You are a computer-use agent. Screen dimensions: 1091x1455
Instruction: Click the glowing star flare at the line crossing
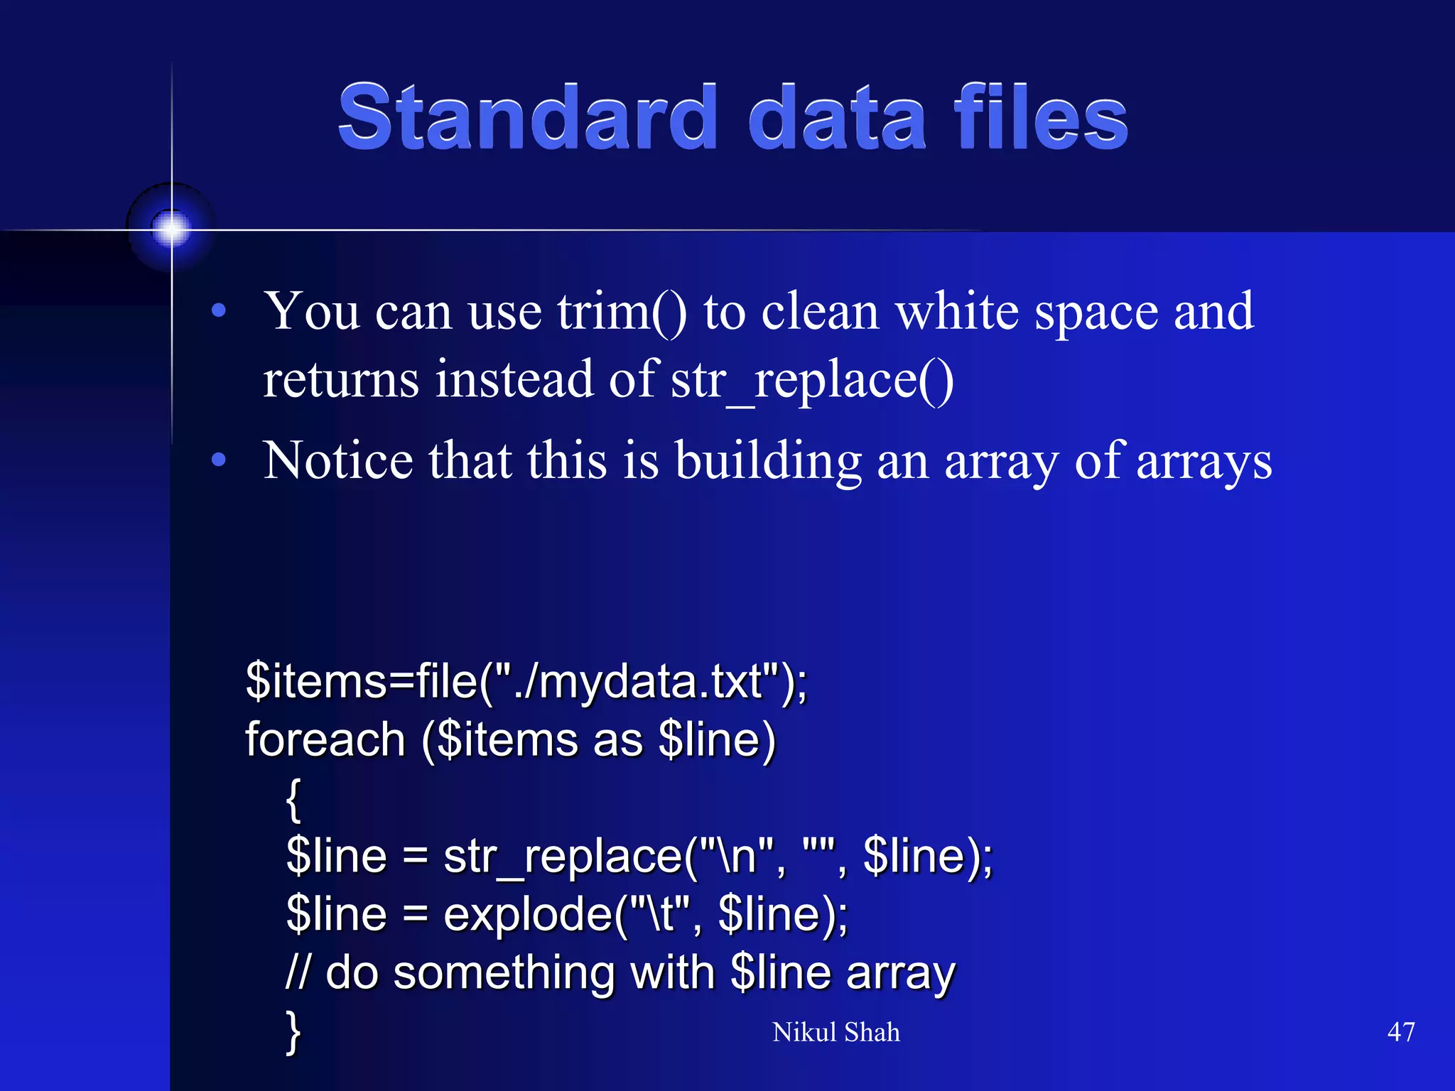click(x=171, y=229)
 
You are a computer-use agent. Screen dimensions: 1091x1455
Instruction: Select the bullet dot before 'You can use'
click(x=219, y=310)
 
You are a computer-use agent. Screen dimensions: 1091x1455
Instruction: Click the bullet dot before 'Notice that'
click(x=219, y=460)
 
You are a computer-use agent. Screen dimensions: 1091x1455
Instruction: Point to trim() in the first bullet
click(x=622, y=313)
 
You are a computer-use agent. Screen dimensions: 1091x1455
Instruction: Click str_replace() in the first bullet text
click(x=812, y=381)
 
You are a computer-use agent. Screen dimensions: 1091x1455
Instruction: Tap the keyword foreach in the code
click(x=325, y=740)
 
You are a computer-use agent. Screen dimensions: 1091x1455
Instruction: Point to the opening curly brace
click(x=293, y=799)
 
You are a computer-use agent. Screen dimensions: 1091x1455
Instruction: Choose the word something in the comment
click(x=504, y=973)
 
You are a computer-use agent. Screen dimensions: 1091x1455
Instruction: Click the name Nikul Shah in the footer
click(x=835, y=1032)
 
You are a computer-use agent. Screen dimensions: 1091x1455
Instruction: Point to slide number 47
click(x=1400, y=1032)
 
